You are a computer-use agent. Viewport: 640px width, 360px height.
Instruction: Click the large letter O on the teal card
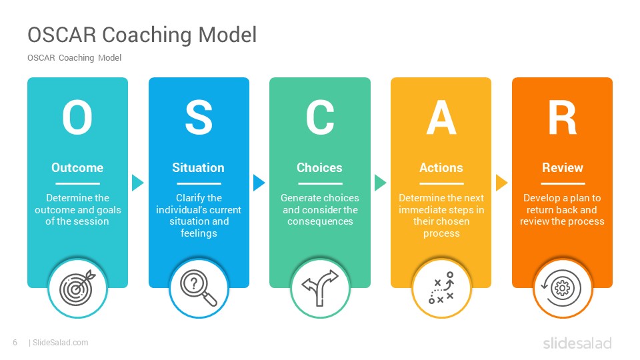pos(77,117)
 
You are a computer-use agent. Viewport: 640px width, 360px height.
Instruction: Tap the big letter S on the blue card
pos(199,117)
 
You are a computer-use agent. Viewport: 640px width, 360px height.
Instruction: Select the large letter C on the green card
pos(320,117)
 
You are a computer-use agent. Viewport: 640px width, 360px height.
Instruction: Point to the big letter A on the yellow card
pos(441,117)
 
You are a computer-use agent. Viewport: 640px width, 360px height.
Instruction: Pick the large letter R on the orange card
pos(563,117)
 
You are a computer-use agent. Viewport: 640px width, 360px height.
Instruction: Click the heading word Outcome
pos(77,168)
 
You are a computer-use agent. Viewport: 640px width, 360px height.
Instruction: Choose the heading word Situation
pos(198,168)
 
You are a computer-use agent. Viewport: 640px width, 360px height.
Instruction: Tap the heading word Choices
pos(319,168)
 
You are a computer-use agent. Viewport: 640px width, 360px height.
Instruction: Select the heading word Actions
pos(441,168)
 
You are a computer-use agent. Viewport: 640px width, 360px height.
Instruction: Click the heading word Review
pos(563,168)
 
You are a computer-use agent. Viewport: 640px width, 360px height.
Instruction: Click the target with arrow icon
pos(77,288)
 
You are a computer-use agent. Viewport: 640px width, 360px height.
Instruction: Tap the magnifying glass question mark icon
pos(199,288)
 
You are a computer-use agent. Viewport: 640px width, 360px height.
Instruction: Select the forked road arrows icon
pos(320,288)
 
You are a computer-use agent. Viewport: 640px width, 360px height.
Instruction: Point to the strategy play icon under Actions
pos(441,288)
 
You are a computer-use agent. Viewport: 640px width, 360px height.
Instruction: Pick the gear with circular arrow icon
pos(561,288)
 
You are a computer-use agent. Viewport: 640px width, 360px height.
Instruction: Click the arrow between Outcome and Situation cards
pos(137,183)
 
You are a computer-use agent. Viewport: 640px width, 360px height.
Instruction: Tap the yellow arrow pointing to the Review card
pos(501,183)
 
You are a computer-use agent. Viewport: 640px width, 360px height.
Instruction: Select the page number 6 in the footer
pos(15,343)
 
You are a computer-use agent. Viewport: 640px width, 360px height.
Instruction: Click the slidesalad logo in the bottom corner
pos(577,343)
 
